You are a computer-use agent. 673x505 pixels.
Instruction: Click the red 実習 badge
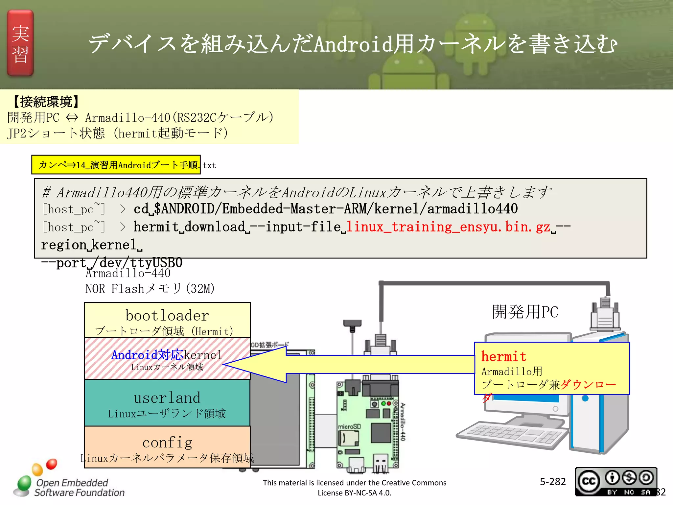20,43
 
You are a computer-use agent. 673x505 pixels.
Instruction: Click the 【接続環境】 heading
46,102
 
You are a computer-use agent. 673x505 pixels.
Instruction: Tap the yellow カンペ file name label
116,165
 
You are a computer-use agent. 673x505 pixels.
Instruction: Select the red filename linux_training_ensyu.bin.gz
448,227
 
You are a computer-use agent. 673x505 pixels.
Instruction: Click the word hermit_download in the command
189,227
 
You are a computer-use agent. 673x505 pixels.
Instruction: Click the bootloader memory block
167,320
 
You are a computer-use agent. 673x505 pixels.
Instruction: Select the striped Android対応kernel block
167,359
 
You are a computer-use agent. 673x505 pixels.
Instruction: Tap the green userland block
167,403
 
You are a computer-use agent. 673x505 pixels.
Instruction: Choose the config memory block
167,446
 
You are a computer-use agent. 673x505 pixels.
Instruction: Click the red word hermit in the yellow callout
503,356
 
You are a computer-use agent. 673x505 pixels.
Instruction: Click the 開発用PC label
525,312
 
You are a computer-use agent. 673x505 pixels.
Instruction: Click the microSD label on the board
349,426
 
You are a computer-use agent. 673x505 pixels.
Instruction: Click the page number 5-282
552,482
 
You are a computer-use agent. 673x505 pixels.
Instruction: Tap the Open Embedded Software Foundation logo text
79,488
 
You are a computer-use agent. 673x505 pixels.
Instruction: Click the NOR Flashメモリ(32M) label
150,289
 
